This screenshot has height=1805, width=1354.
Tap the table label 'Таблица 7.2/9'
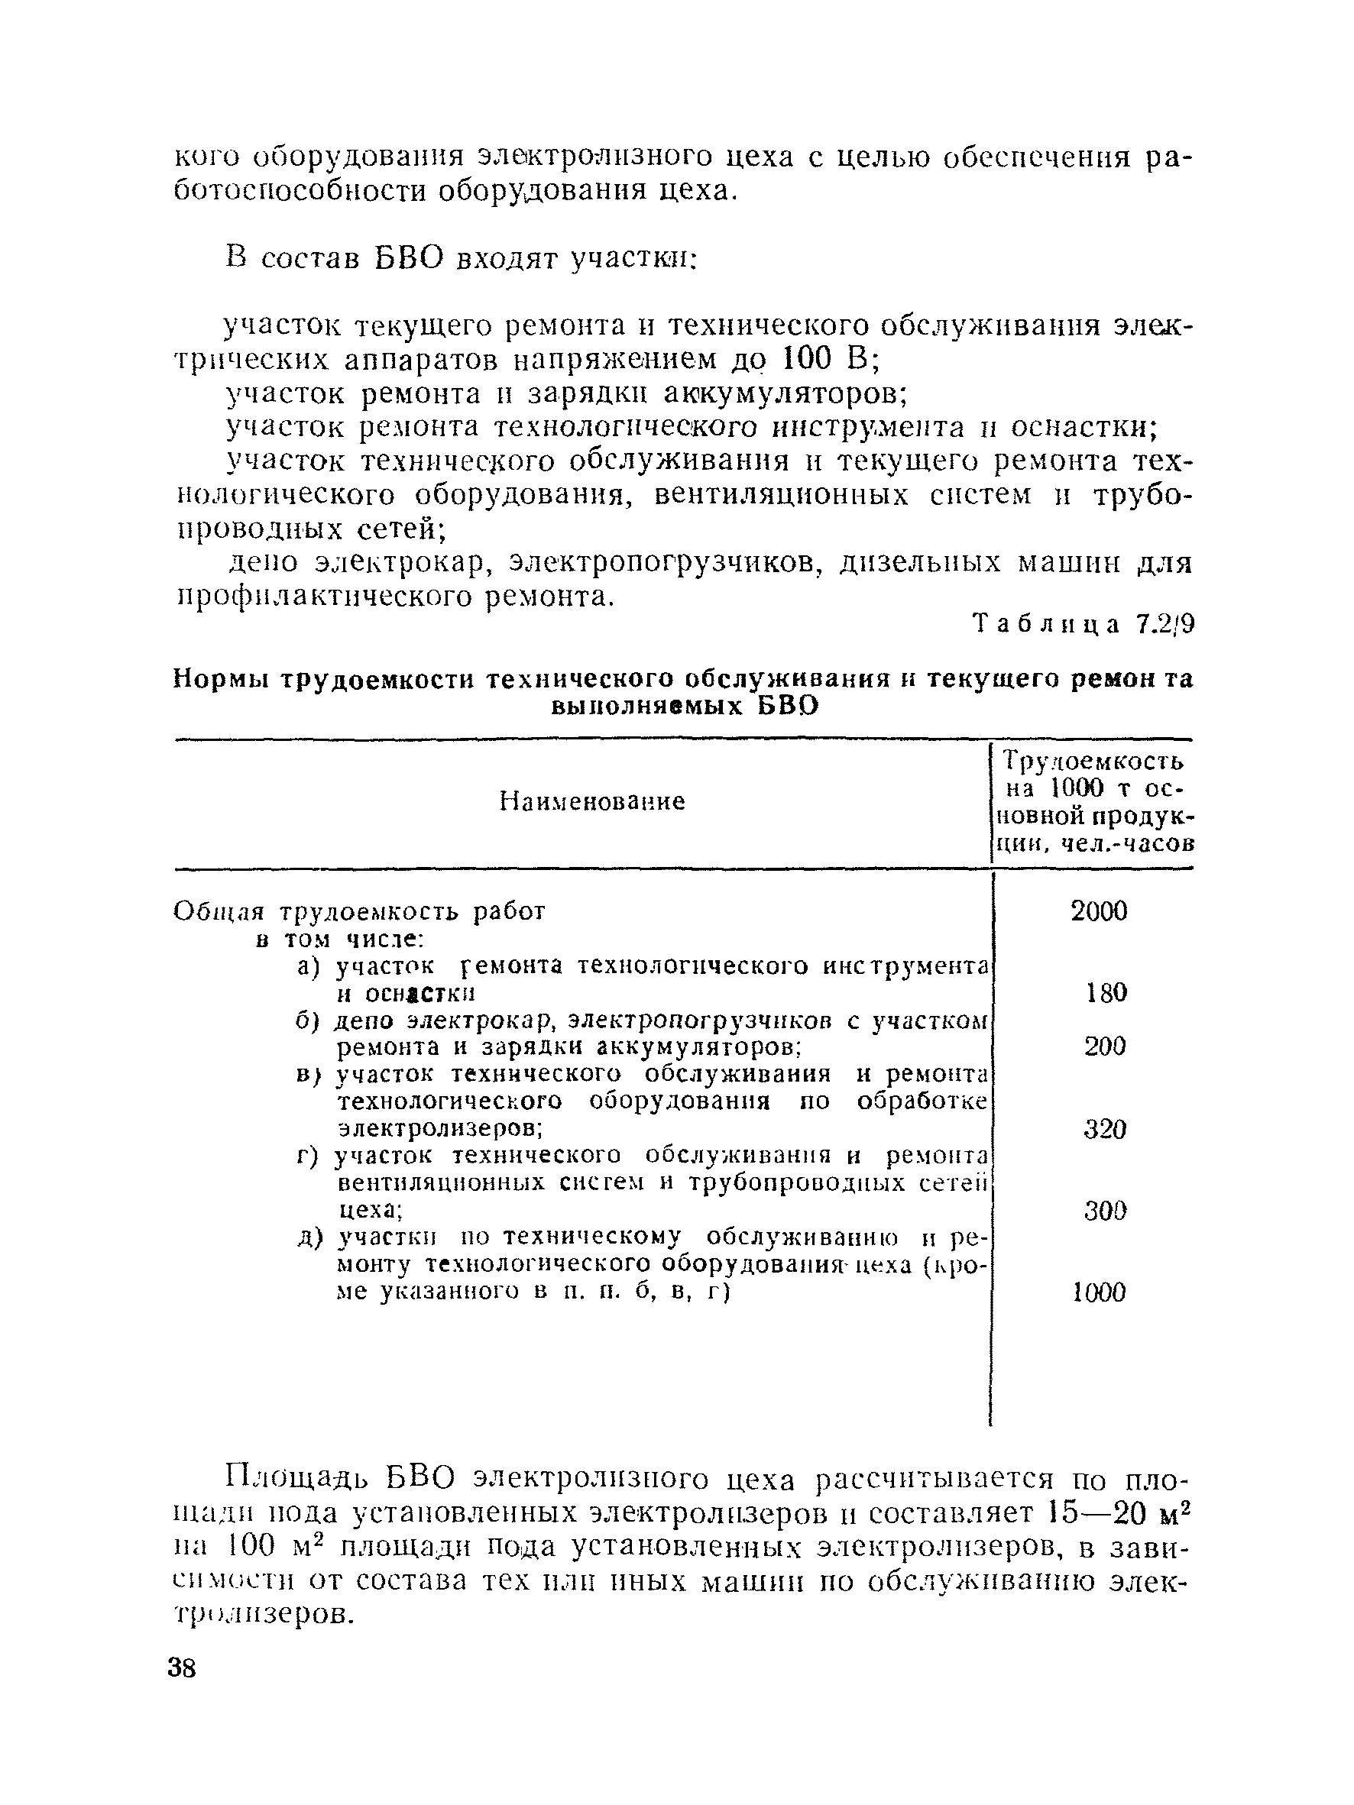1083,624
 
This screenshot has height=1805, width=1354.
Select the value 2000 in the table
1098,911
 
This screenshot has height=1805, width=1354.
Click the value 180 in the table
1106,992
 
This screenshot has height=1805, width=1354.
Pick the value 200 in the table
1104,1046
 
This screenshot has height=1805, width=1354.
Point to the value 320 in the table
1104,1129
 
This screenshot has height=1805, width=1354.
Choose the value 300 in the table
1104,1210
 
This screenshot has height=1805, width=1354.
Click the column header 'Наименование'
591,802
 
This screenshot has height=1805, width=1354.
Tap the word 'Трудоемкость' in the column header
1093,762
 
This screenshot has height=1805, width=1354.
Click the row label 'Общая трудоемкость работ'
359,911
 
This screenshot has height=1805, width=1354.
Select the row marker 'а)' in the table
310,967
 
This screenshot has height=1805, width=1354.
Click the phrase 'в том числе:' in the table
338,940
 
